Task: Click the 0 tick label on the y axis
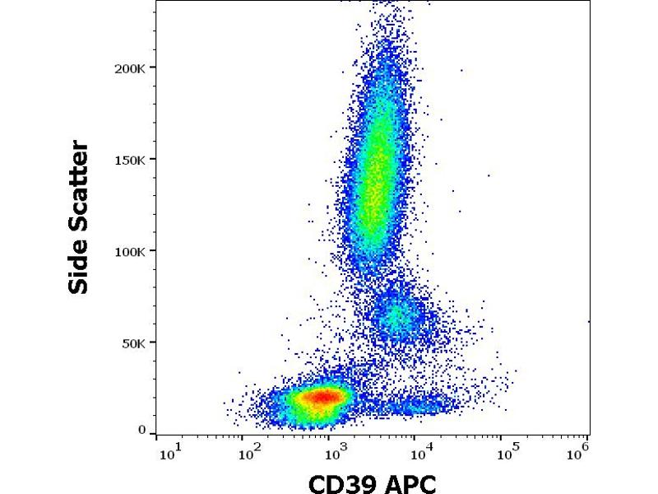[142, 431]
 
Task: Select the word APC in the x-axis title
[409, 483]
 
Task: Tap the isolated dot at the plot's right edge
[589, 321]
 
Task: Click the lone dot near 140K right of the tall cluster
[489, 175]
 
